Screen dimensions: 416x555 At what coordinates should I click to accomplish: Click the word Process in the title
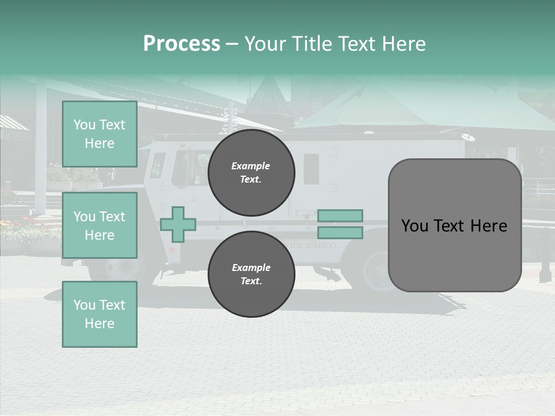click(x=182, y=44)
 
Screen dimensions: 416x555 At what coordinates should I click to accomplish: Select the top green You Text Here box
click(x=99, y=134)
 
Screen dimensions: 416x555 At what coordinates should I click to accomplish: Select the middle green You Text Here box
click(x=99, y=225)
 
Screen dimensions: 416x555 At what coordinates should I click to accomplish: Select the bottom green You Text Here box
click(x=99, y=314)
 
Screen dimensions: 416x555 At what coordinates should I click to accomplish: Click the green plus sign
click(x=178, y=224)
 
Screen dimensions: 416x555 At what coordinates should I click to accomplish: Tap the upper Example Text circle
click(x=251, y=172)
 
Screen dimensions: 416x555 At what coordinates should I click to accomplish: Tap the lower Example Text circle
click(x=251, y=274)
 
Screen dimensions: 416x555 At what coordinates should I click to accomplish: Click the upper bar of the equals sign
click(x=340, y=216)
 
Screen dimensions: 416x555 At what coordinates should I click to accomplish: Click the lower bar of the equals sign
click(x=340, y=233)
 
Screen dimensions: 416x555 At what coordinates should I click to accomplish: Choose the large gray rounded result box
click(x=454, y=225)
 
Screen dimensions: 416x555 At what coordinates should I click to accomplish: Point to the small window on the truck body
click(x=311, y=169)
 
